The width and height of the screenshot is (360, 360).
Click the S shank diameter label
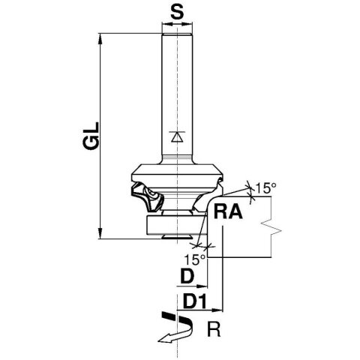(x=176, y=12)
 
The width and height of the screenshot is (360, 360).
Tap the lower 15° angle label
(x=194, y=259)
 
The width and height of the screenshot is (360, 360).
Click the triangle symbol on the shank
(x=176, y=136)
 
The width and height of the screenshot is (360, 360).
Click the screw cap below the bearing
(x=176, y=235)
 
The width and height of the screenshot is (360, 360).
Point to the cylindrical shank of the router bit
(x=176, y=90)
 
